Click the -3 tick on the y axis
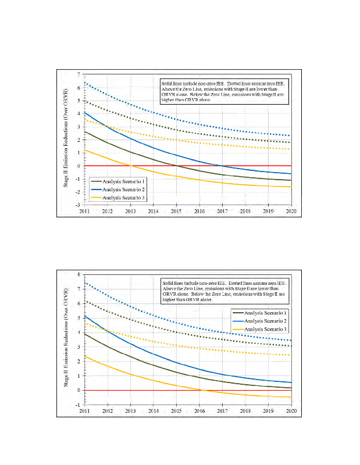pyautogui.click(x=80, y=205)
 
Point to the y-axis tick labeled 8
pyautogui.click(x=80, y=274)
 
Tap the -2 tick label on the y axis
pyautogui.click(x=80, y=192)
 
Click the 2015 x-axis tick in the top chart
pyautogui.click(x=176, y=211)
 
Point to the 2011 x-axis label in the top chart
pyautogui.click(x=85, y=211)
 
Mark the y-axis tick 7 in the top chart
pyautogui.click(x=80, y=75)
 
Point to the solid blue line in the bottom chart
pyautogui.click(x=176, y=363)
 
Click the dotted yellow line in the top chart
pyautogui.click(x=176, y=139)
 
